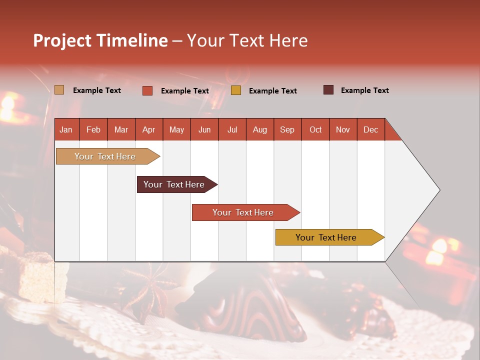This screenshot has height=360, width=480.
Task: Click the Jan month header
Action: [66, 129]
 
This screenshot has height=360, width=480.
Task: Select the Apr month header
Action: [148, 129]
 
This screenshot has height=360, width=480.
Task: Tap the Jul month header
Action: [232, 129]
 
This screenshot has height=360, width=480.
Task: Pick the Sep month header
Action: [287, 129]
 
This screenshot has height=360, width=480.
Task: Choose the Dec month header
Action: [370, 129]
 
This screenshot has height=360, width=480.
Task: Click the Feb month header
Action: [93, 129]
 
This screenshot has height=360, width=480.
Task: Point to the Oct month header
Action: [315, 129]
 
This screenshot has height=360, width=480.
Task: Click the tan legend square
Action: [59, 90]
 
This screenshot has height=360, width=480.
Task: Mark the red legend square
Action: [147, 90]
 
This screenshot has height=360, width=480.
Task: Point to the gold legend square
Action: [235, 90]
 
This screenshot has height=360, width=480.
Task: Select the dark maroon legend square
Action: [328, 90]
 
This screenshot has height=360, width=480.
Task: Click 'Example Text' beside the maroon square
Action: [364, 90]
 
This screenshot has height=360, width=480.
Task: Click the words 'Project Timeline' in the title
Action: [100, 40]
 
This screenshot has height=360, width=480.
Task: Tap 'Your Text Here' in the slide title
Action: [247, 40]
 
